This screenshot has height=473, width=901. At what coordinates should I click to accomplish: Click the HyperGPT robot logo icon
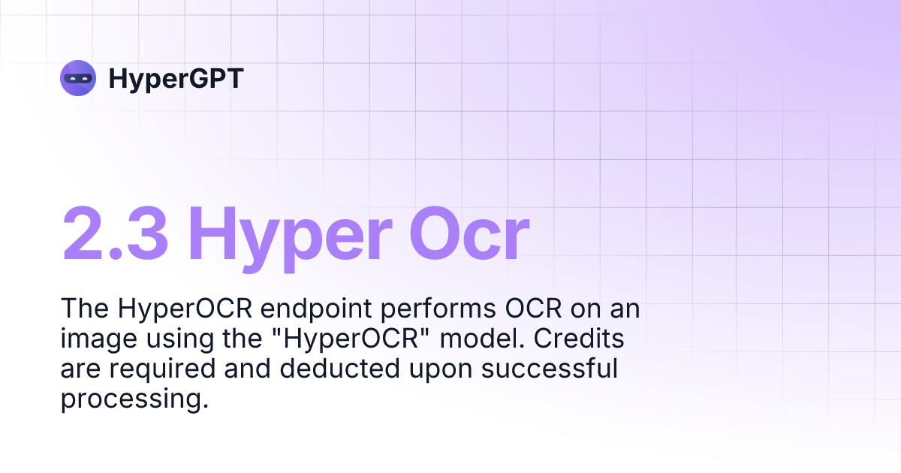pyautogui.click(x=78, y=77)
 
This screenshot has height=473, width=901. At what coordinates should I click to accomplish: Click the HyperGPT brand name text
pyautogui.click(x=176, y=78)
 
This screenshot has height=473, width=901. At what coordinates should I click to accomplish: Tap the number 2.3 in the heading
pyautogui.click(x=116, y=233)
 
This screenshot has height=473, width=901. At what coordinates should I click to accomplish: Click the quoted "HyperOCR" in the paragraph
pyautogui.click(x=351, y=339)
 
